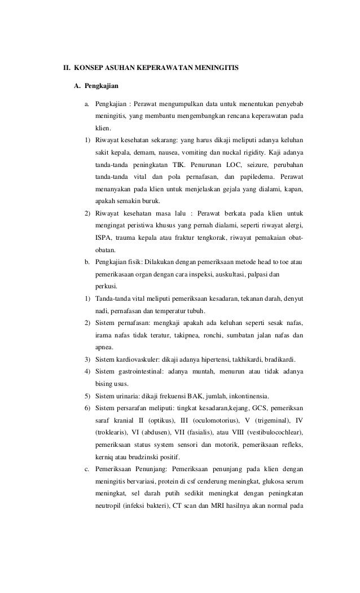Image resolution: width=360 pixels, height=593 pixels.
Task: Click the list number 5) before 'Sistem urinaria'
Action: pyautogui.click(x=87, y=397)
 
